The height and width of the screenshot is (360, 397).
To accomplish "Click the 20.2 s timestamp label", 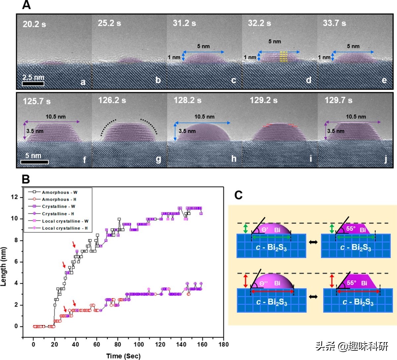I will point(34,24).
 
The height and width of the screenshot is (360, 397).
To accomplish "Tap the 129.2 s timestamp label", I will point(263,100).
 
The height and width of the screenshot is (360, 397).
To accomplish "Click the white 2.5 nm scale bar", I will point(33,84).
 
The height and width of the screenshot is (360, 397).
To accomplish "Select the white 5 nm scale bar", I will point(34,162).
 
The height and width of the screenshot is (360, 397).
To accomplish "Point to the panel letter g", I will point(158,159).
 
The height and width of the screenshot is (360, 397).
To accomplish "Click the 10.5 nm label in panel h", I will point(204,116).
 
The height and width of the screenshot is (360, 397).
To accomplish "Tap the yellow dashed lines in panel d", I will point(284,57).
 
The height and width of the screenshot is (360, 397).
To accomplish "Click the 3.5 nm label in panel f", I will point(35,131).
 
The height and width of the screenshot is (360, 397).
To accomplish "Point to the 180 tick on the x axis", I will point(224,344).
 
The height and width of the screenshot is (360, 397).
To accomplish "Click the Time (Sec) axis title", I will point(123,356).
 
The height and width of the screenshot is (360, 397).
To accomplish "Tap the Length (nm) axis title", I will point(4,266).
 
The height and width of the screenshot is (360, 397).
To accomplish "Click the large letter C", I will point(238,195).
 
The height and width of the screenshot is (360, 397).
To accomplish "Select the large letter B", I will point(25,179).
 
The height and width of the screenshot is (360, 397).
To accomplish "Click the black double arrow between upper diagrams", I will point(313,242).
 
